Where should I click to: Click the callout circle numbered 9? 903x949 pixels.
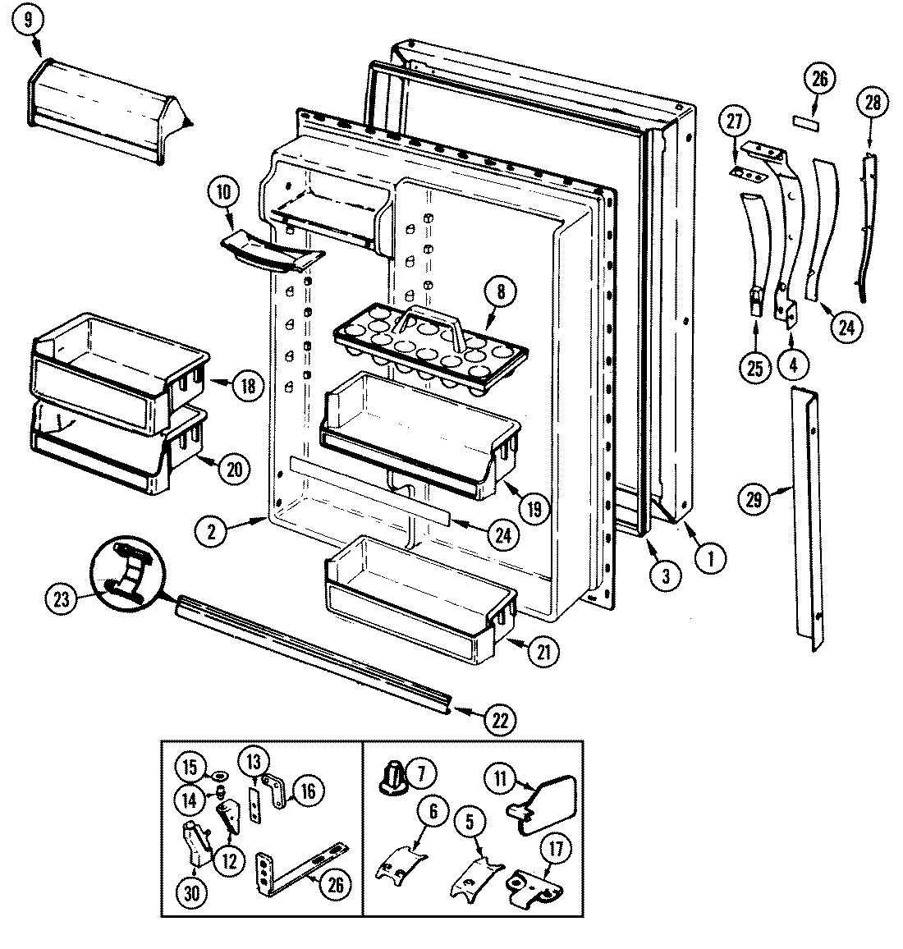click(30, 22)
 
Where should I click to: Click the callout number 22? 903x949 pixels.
click(500, 720)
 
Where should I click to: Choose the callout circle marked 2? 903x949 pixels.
click(211, 531)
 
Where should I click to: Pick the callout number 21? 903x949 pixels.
click(544, 652)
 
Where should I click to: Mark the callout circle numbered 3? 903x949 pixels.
click(665, 575)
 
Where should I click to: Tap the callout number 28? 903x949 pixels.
click(872, 103)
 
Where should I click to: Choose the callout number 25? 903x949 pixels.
click(754, 369)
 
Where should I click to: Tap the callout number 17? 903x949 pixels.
click(556, 849)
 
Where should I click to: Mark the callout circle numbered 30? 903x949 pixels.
click(195, 894)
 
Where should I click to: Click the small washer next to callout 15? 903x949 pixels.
click(219, 775)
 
